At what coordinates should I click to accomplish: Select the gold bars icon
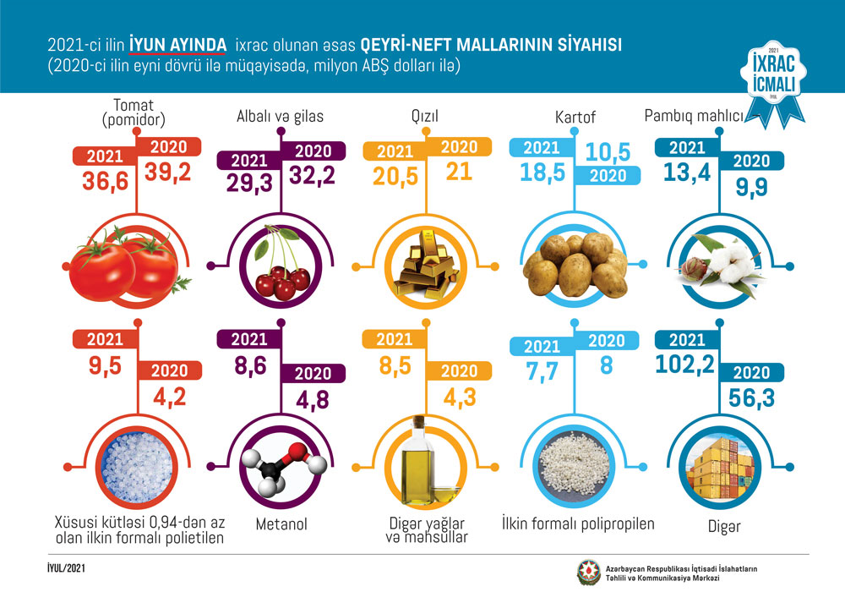421,266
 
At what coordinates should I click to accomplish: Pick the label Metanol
281,525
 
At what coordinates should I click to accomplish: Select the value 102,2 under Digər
686,364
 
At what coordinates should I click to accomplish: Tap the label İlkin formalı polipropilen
578,524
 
